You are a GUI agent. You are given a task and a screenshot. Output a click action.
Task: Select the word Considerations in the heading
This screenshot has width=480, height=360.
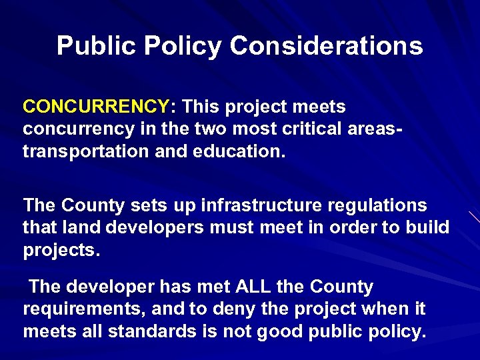tap(326, 46)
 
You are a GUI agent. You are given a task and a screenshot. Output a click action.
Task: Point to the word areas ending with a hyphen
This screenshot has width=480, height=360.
tap(377, 129)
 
